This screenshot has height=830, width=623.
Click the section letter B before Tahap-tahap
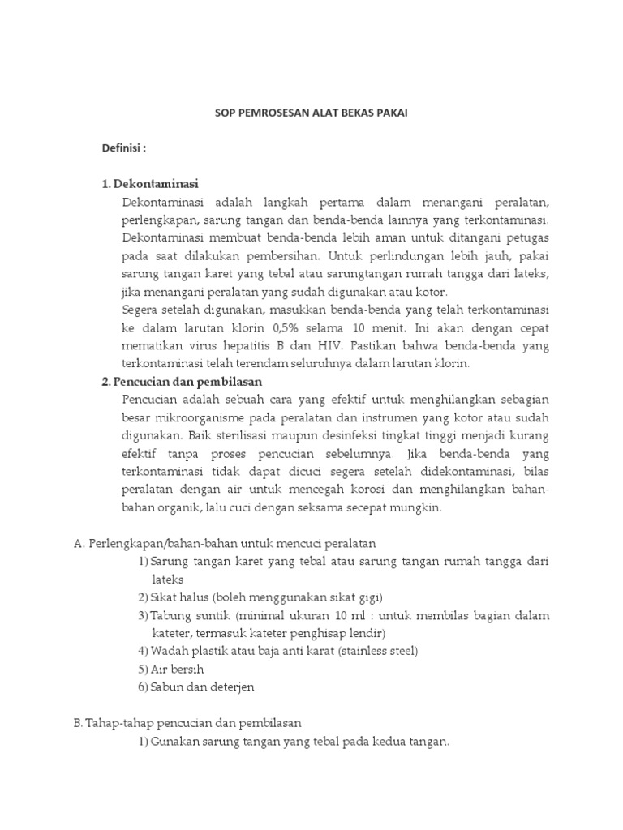[x=78, y=722]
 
